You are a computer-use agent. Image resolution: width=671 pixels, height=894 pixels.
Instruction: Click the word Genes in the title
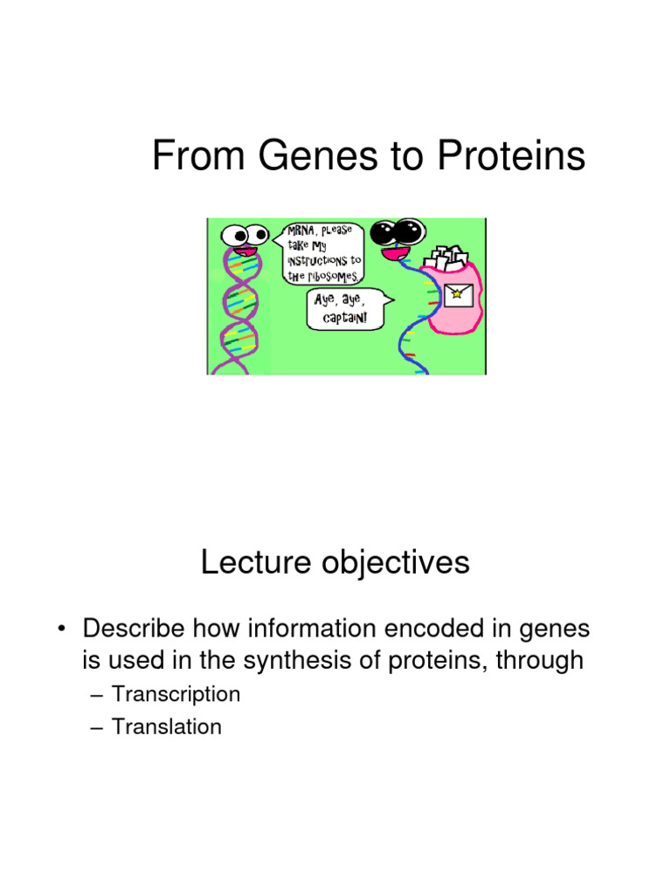[305, 157]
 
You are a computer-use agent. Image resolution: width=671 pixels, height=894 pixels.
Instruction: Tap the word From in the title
[192, 157]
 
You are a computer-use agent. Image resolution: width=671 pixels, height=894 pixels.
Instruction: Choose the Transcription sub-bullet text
[176, 695]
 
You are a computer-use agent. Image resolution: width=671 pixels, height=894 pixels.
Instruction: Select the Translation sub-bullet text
[167, 726]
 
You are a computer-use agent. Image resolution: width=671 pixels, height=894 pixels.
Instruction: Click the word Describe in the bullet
[133, 629]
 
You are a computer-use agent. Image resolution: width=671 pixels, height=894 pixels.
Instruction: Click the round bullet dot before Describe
[62, 629]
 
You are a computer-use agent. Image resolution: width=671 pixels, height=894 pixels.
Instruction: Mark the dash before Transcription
[98, 695]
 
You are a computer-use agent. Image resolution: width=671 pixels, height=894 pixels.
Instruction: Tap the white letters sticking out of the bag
[446, 257]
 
